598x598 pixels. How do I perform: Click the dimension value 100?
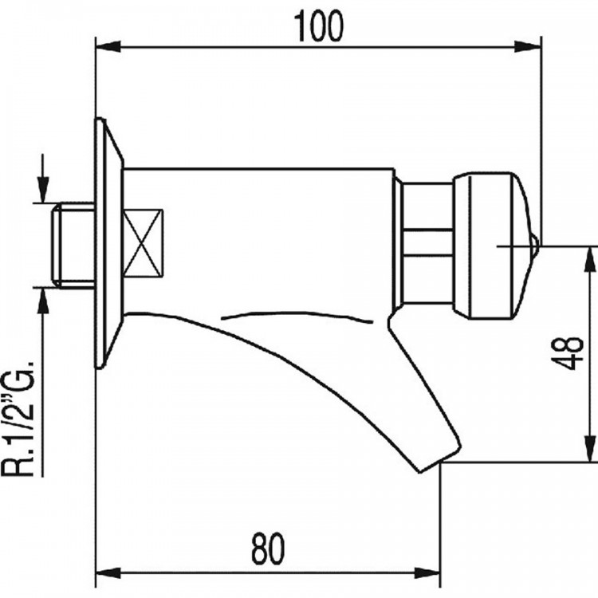point(320,26)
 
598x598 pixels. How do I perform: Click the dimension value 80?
point(268,549)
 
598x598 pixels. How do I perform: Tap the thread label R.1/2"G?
point(18,419)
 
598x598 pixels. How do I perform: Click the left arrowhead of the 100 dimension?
point(108,47)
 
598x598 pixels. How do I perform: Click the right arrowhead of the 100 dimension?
point(528,47)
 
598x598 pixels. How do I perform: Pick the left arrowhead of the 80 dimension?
point(108,572)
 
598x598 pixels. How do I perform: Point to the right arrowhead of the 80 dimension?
point(427,572)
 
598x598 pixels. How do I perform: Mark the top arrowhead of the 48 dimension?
point(590,259)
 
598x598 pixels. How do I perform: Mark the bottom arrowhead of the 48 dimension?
point(590,449)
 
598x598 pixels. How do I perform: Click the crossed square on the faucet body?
point(143,243)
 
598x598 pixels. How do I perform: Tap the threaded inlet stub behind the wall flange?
point(73,245)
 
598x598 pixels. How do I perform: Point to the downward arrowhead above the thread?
point(43,190)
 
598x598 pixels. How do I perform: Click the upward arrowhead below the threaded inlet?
point(43,301)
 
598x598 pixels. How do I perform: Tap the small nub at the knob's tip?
point(535,246)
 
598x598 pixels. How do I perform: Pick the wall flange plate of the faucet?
point(109,243)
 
